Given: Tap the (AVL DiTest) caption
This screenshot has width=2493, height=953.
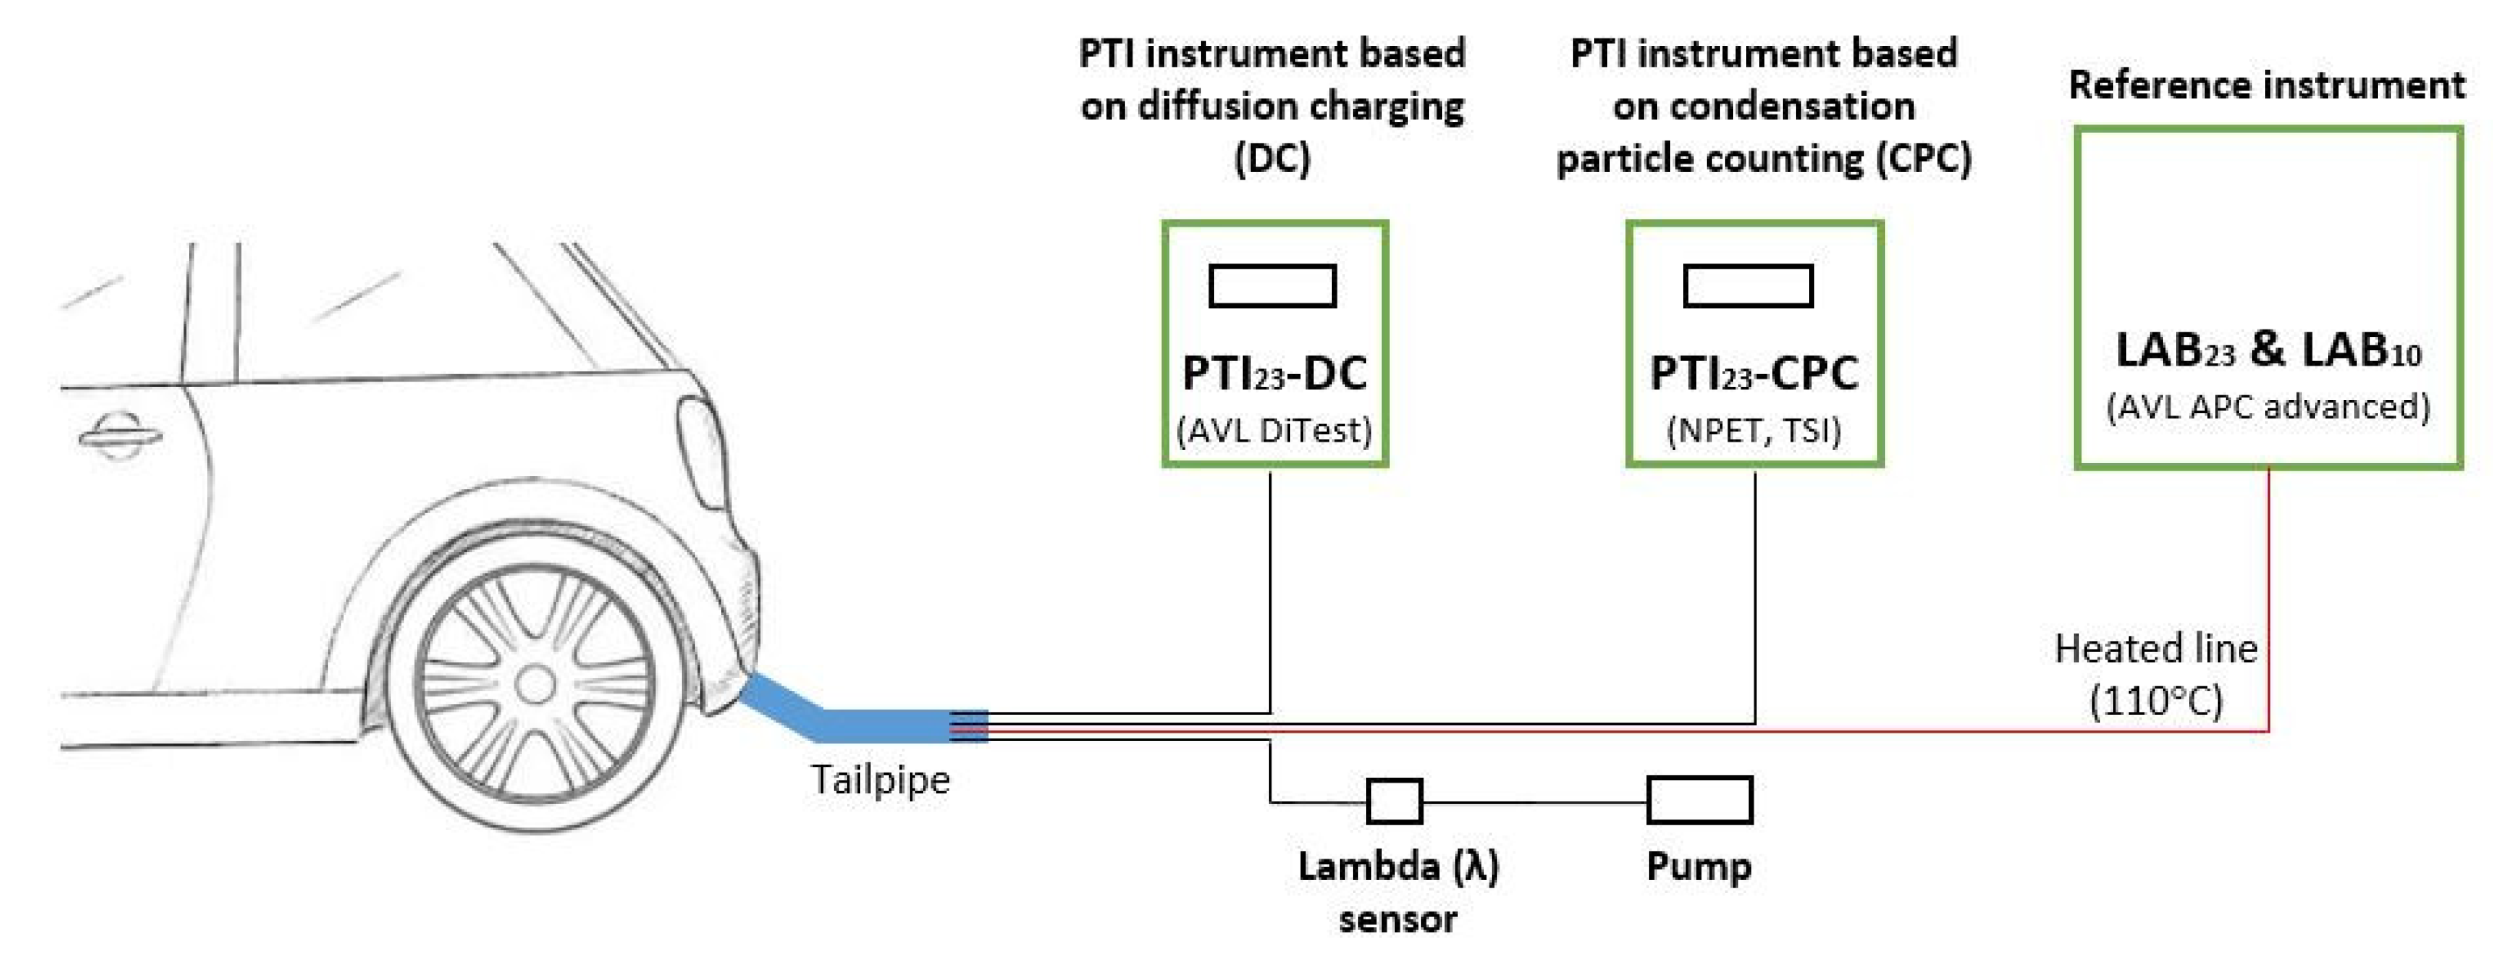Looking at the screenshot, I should click(1274, 429).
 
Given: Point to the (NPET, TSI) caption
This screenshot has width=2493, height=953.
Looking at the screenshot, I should click(1754, 429).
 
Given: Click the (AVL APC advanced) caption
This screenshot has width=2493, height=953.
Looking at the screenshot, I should click(2267, 406).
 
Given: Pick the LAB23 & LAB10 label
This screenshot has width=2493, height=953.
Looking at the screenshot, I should click(2267, 349).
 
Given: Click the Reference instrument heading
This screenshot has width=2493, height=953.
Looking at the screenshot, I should click(2267, 85).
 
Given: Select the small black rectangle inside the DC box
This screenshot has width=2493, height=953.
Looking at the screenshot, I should click(1273, 286).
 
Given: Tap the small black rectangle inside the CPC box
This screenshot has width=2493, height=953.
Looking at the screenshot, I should click(1747, 286).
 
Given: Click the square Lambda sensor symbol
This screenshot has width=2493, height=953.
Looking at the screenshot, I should click(1394, 801).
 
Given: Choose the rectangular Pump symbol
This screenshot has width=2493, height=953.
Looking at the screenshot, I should click(1699, 801).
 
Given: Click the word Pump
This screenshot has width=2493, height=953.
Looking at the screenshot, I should click(1698, 866).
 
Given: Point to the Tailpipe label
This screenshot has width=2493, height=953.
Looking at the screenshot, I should click(880, 779).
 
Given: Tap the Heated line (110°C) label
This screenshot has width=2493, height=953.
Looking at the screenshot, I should click(2155, 673).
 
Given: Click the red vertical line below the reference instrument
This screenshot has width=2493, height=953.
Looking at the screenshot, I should click(2269, 600).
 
